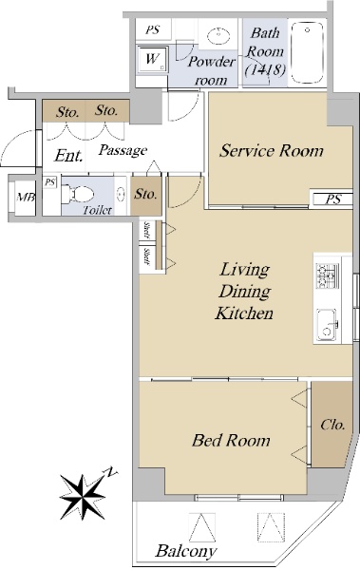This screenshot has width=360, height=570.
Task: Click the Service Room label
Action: (272, 151)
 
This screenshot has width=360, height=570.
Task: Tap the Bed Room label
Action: (231, 440)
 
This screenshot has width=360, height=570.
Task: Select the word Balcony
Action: (186, 551)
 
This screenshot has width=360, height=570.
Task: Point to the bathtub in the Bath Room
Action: (308, 53)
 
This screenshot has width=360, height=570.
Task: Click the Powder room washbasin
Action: (218, 36)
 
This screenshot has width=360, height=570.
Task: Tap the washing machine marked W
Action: (153, 59)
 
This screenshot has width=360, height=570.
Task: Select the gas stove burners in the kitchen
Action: (327, 275)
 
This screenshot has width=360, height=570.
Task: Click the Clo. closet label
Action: (332, 425)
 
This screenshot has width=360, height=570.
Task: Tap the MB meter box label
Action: (27, 198)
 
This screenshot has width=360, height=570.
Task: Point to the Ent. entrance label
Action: (68, 156)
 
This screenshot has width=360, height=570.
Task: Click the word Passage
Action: (123, 150)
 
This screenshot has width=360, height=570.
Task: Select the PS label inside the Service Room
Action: (333, 199)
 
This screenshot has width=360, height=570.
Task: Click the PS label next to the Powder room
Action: (153, 29)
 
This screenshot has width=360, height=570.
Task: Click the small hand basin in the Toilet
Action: (121, 194)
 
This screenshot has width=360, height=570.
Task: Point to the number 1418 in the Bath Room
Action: (265, 69)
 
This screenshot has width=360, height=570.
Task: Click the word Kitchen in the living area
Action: (244, 313)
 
